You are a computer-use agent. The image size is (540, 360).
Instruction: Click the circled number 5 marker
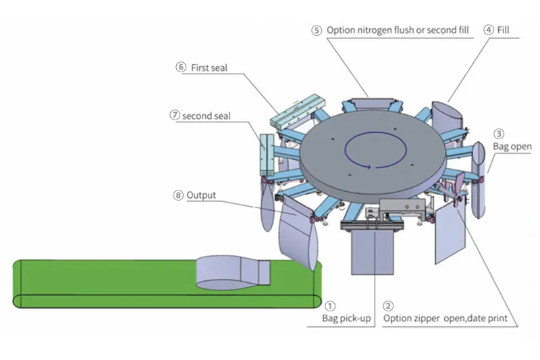(317, 30)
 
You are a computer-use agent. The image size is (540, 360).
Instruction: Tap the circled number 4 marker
(488, 30)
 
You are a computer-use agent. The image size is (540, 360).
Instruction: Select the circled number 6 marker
(180, 68)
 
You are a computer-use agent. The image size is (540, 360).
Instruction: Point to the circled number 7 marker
(174, 115)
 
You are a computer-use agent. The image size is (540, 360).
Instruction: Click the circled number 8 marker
(178, 195)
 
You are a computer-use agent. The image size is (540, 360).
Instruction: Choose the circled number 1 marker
(330, 305)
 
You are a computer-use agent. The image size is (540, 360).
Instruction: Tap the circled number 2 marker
(389, 305)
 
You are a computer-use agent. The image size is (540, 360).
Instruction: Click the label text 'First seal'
(208, 68)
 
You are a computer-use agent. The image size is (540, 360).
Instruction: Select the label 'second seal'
(206, 115)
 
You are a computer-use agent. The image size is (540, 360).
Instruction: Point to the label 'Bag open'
(512, 146)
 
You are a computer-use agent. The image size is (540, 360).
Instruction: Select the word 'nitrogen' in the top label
(375, 30)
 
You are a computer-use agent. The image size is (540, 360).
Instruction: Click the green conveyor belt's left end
(20, 282)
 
